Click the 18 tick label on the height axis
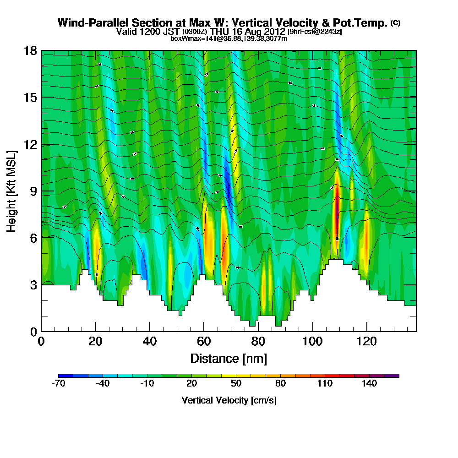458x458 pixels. click(x=31, y=50)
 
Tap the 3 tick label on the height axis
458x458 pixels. click(x=33, y=285)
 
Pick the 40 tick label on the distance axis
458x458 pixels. click(x=149, y=342)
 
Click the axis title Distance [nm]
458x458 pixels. click(x=229, y=358)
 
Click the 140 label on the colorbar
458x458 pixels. click(x=369, y=383)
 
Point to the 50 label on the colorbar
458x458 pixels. click(x=236, y=383)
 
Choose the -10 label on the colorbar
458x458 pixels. click(x=147, y=383)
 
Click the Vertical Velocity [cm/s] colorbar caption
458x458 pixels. click(x=229, y=400)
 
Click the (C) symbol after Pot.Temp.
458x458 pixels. click(x=395, y=23)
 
